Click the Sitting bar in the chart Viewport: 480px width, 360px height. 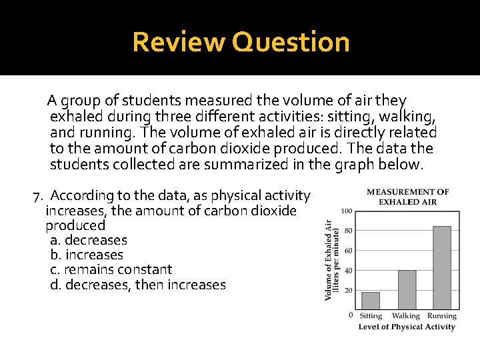pyautogui.click(x=371, y=301)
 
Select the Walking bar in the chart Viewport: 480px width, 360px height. pyautogui.click(x=407, y=289)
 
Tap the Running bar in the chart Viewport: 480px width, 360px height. pyautogui.click(x=441, y=267)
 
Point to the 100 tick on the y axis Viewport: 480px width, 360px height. pyautogui.click(x=347, y=211)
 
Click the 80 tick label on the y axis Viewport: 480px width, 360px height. pyautogui.click(x=348, y=231)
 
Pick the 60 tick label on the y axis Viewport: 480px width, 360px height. pyautogui.click(x=348, y=251)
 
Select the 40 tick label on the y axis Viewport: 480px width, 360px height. pyautogui.click(x=348, y=271)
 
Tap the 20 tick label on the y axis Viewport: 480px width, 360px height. pyautogui.click(x=348, y=291)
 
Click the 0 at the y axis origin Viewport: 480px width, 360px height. pyautogui.click(x=351, y=315)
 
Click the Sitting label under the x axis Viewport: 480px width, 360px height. pyautogui.click(x=371, y=316)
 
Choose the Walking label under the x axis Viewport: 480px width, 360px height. pyautogui.click(x=406, y=316)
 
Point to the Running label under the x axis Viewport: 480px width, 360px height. pyautogui.click(x=442, y=316)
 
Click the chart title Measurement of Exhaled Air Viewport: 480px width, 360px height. pyautogui.click(x=407, y=197)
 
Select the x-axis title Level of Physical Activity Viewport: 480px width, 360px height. pyautogui.click(x=407, y=327)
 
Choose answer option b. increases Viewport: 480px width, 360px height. pyautogui.click(x=87, y=255)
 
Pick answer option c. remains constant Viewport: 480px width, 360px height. pyautogui.click(x=111, y=269)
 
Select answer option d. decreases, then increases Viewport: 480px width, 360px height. pyautogui.click(x=138, y=285)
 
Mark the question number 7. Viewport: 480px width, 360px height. pyautogui.click(x=38, y=196)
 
